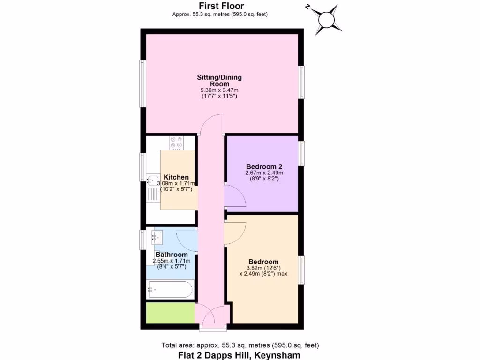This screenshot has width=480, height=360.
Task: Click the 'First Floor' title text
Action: [x=221, y=6]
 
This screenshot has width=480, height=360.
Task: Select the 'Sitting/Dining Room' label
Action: [x=219, y=81]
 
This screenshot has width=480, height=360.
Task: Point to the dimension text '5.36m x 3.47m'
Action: [x=219, y=90]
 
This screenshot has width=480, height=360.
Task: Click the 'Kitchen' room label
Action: [x=176, y=177]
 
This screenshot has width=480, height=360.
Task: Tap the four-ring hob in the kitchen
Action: [x=177, y=142]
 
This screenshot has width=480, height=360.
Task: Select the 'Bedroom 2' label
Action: [x=264, y=166]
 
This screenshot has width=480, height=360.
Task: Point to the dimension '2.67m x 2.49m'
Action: [x=264, y=173]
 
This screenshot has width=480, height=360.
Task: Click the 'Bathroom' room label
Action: [x=172, y=255]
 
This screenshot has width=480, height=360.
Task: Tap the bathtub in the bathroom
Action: [x=170, y=289]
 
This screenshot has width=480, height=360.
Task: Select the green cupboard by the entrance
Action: [x=170, y=313]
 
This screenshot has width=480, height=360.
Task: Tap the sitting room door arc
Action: [x=210, y=123]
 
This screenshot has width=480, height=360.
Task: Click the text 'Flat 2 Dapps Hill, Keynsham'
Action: [x=239, y=355]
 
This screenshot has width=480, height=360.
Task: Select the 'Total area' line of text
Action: [x=240, y=345]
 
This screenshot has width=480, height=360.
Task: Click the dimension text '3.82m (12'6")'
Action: [x=263, y=268]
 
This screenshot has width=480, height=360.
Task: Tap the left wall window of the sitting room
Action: [x=142, y=83]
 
